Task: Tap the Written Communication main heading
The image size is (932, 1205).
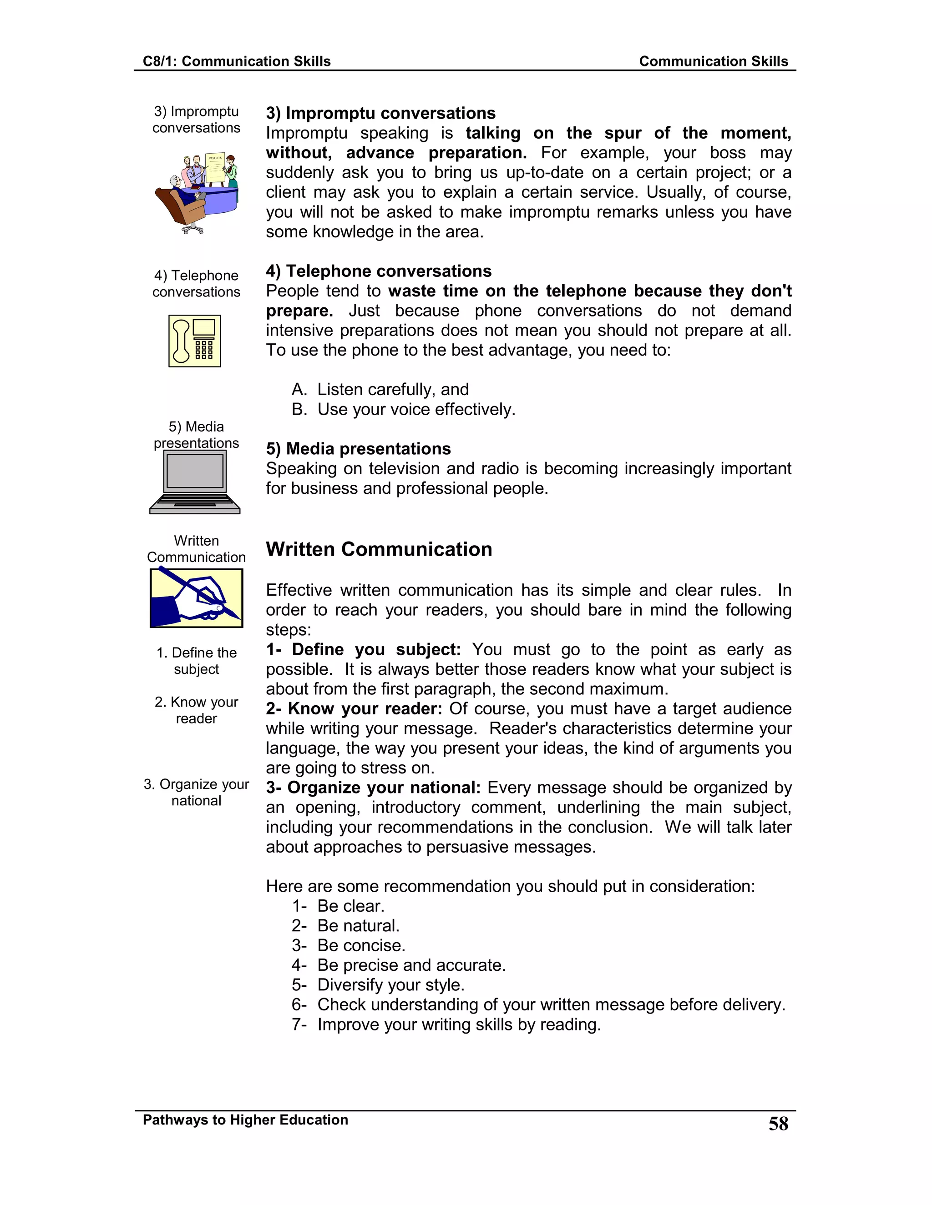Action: click(x=379, y=550)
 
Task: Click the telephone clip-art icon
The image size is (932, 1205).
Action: click(x=195, y=341)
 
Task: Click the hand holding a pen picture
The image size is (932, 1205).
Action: click(x=196, y=598)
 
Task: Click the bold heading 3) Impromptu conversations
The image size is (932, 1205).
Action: click(x=380, y=113)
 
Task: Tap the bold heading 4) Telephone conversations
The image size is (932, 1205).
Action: click(x=378, y=271)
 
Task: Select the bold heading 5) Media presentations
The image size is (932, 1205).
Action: click(x=358, y=448)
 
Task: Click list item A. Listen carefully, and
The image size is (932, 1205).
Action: click(x=380, y=390)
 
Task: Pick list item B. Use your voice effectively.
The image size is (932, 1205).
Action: click(x=403, y=409)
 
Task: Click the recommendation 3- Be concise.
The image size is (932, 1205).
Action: click(x=349, y=945)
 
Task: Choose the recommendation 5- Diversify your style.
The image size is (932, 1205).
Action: click(x=378, y=985)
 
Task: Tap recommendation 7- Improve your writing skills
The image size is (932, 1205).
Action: click(x=446, y=1024)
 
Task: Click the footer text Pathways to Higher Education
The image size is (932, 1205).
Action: click(x=245, y=1120)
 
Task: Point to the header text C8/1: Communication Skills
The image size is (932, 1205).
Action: click(x=236, y=61)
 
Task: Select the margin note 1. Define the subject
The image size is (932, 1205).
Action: click(x=197, y=660)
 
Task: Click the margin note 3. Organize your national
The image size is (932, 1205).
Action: click(x=197, y=792)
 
